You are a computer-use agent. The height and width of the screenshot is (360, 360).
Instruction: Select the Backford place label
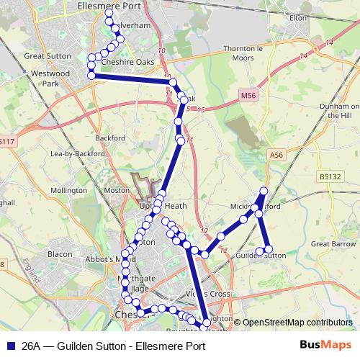click(x=109, y=138)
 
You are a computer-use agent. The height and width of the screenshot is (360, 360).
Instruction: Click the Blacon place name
click(x=59, y=254)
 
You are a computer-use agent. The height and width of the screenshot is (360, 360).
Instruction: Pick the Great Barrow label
click(x=330, y=244)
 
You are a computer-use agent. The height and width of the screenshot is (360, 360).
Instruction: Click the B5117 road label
click(x=6, y=143)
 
